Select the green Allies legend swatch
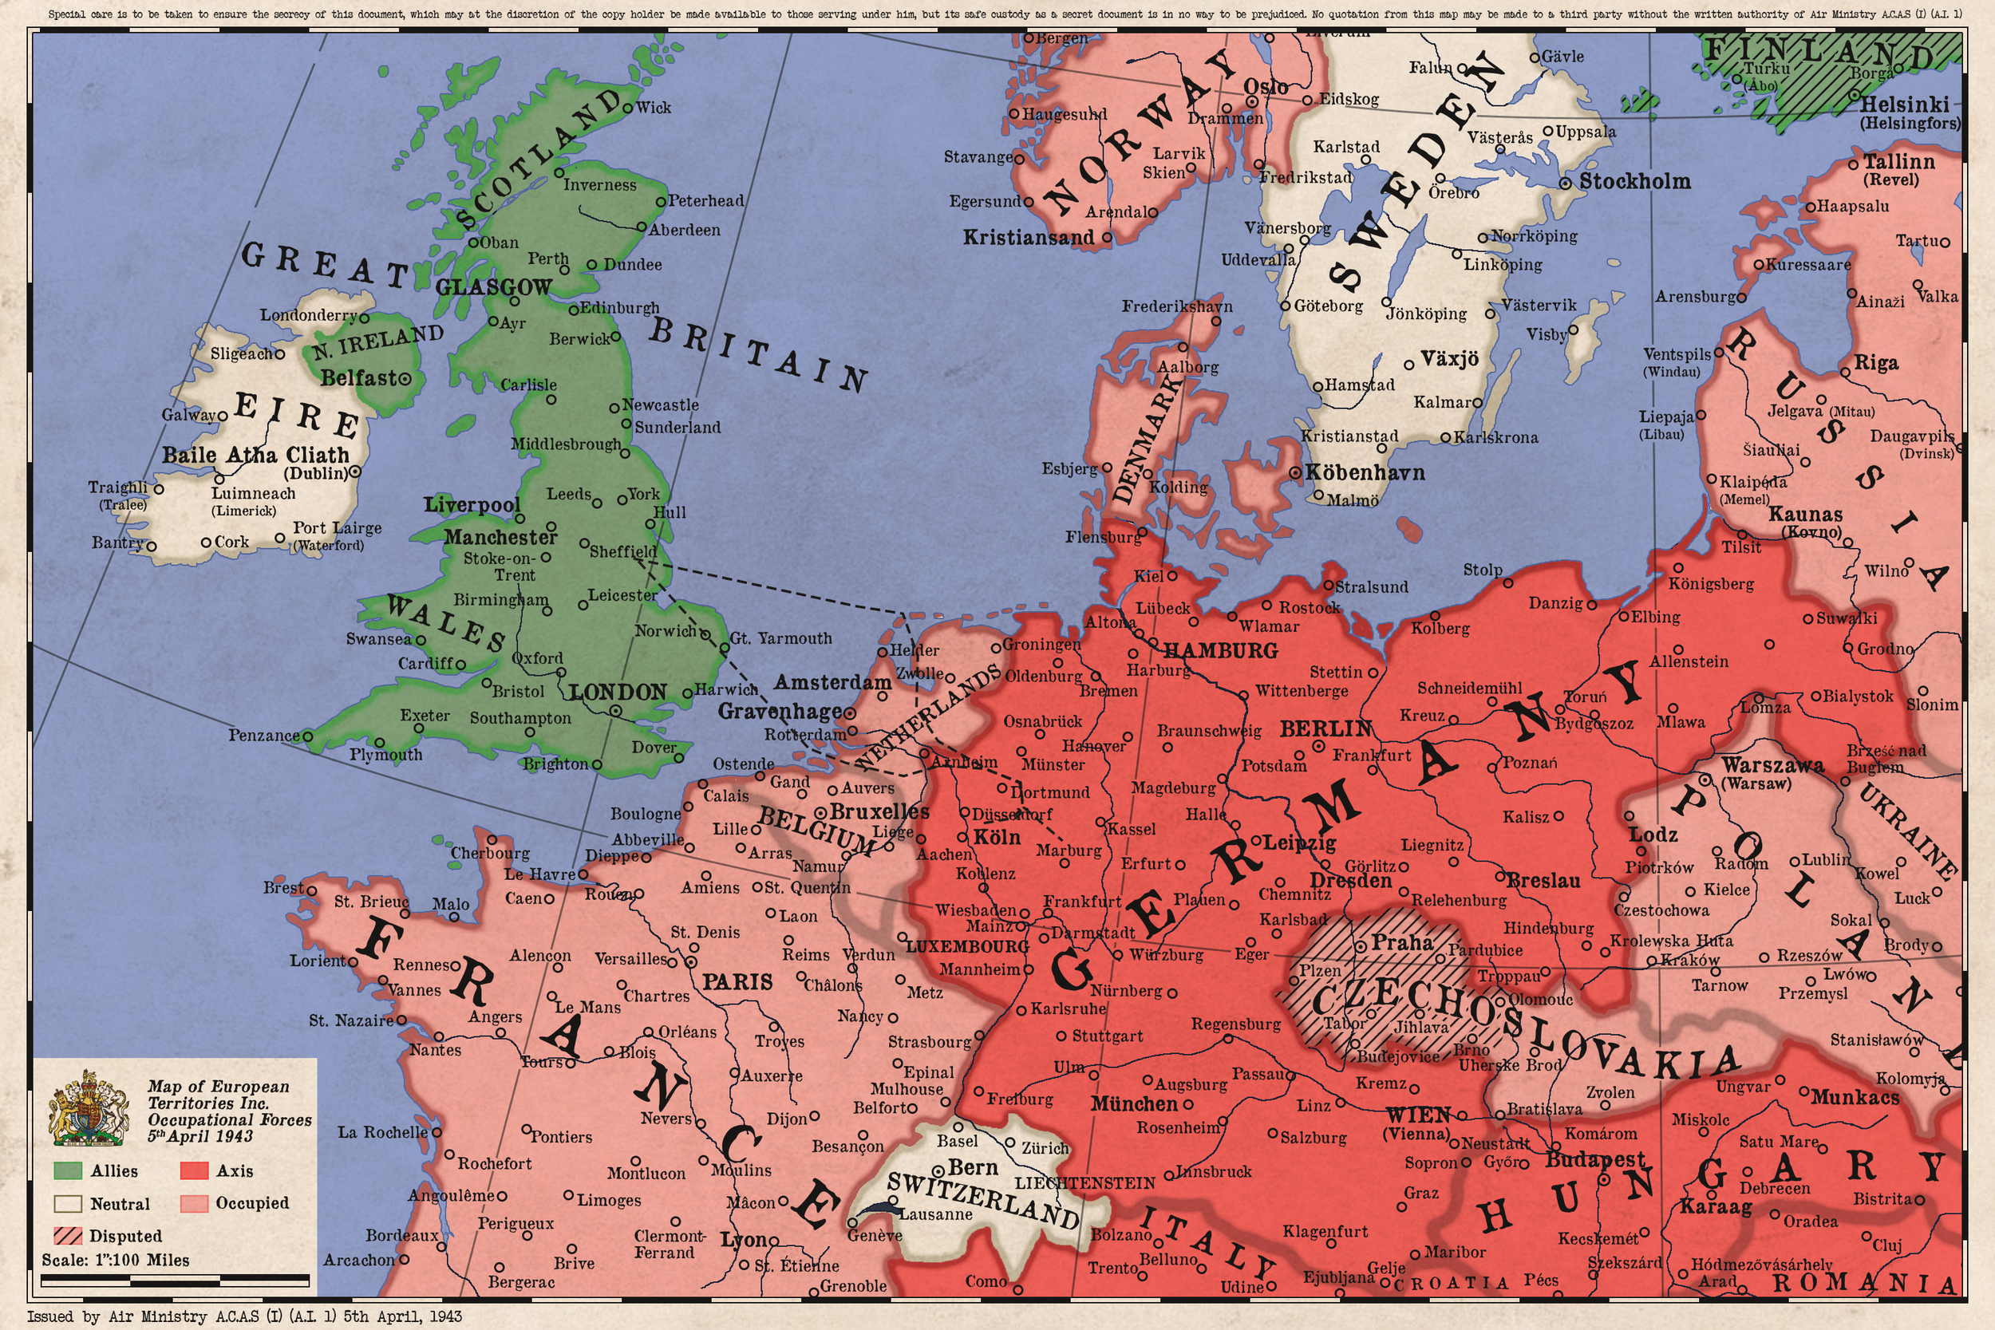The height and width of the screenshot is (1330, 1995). [68, 1171]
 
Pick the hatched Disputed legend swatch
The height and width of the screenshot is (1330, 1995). [68, 1236]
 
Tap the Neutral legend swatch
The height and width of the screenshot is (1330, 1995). [68, 1204]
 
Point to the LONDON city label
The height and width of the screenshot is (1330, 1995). [618, 693]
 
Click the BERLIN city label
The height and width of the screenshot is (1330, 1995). [1325, 728]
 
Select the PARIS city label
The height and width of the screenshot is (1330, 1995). [737, 982]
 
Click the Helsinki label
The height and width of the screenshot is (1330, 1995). [1904, 105]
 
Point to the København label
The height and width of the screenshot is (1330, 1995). [1364, 472]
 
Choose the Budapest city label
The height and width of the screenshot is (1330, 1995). [1594, 1159]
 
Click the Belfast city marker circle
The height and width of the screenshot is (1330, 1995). [405, 378]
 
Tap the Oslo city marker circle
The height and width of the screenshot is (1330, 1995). [1251, 101]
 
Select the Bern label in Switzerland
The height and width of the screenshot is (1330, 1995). [972, 1168]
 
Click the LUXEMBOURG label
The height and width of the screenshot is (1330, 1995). [967, 945]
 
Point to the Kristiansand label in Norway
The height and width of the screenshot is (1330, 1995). [1028, 238]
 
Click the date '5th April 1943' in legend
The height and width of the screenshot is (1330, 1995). [200, 1137]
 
